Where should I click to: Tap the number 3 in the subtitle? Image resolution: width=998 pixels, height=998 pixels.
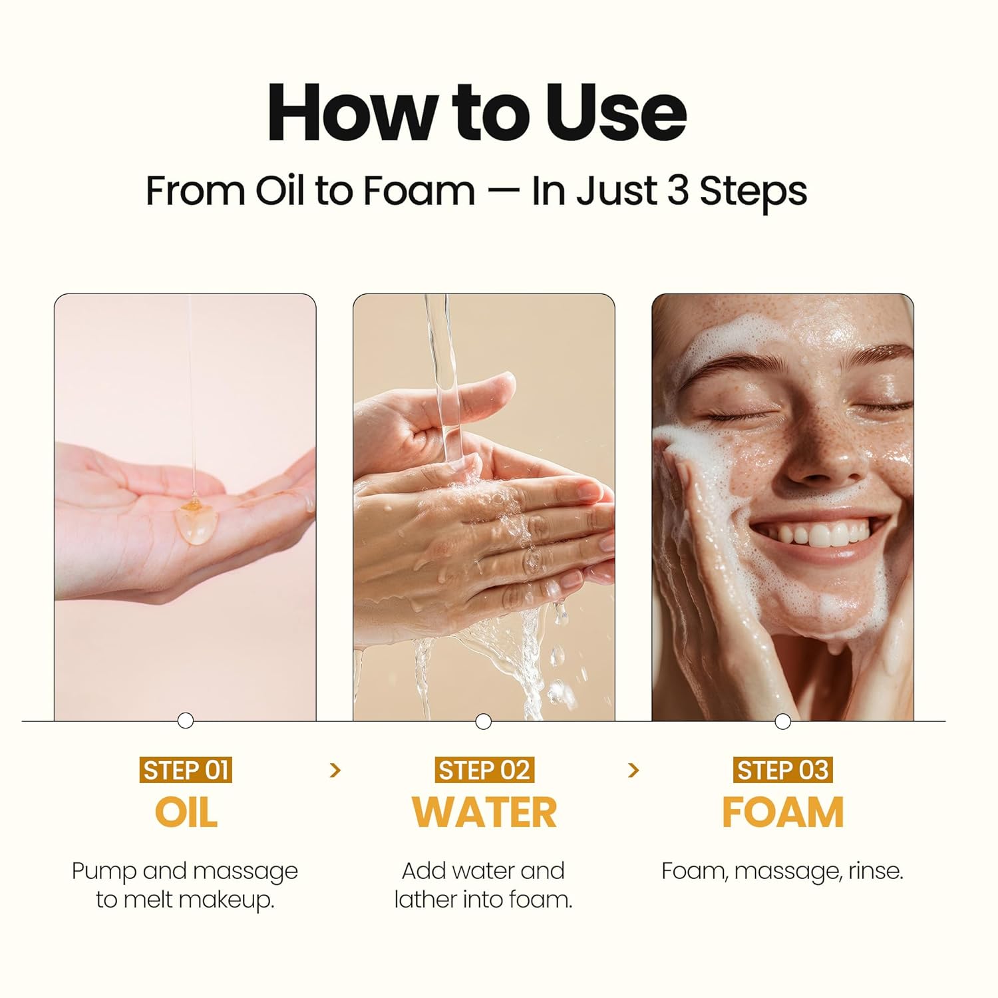tap(677, 191)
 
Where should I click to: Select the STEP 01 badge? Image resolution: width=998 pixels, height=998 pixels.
tap(186, 770)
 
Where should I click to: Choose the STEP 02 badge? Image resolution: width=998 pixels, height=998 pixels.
tap(484, 770)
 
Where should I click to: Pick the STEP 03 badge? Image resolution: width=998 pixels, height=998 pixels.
tap(782, 770)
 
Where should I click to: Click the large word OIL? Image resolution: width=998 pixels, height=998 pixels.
tap(186, 812)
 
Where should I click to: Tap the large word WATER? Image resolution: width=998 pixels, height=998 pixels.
tap(484, 812)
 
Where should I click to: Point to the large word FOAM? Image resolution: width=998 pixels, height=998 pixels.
tap(782, 812)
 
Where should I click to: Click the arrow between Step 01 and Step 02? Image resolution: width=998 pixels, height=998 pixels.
tap(335, 770)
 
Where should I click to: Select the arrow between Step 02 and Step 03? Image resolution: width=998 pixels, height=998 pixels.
tap(633, 770)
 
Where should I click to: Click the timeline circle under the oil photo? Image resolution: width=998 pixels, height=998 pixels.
tap(186, 721)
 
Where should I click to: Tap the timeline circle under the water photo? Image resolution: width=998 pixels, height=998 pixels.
tap(484, 721)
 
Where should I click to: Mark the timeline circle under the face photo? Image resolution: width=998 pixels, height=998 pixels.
tap(782, 721)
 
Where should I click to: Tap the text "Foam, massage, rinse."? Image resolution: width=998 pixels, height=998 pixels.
tap(782, 871)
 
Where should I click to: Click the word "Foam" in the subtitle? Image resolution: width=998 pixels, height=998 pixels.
tap(419, 191)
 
